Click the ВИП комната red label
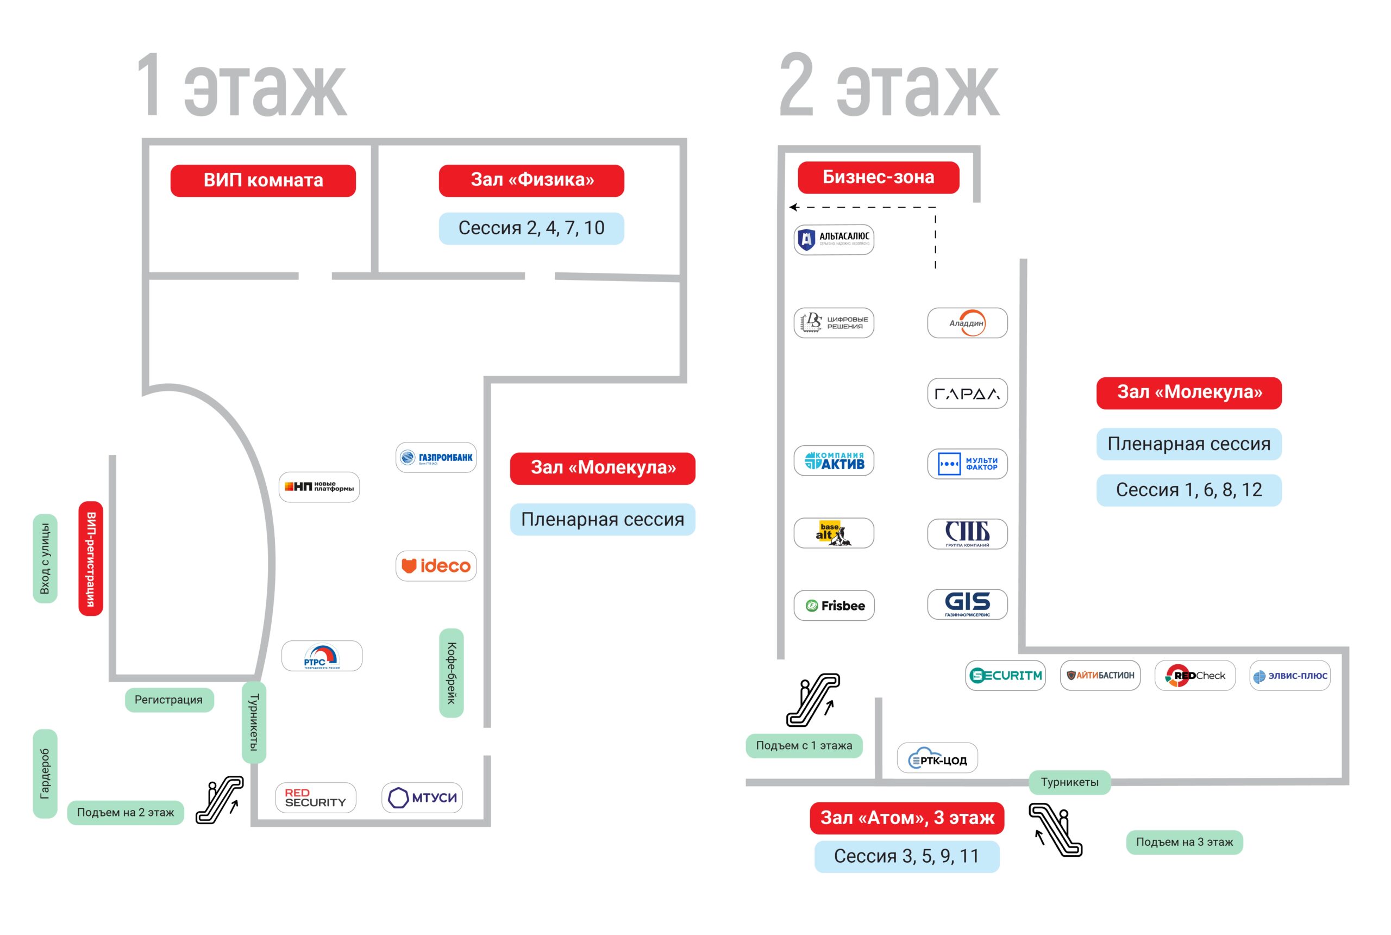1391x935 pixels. point(263,180)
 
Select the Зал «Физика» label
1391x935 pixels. point(531,180)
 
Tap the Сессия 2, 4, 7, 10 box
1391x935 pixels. point(531,228)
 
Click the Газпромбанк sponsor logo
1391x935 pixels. point(436,457)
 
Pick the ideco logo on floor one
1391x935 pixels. point(436,565)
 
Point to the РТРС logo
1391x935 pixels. point(321,656)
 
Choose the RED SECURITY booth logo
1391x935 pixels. point(315,797)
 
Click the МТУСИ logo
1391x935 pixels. point(422,797)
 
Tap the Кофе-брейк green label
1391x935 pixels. point(451,672)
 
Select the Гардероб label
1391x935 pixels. point(45,774)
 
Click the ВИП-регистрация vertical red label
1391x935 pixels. point(91,558)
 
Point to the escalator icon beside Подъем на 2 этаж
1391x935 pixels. point(221,800)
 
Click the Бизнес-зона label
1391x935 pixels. point(878,177)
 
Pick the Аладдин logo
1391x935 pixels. point(967,322)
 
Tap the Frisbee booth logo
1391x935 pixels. point(833,605)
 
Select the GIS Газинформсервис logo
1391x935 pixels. point(967,604)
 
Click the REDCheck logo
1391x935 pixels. point(1194,675)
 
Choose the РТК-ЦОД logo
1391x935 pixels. point(937,758)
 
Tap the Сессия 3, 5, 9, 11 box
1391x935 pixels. point(906,856)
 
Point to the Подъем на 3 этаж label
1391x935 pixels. point(1183,842)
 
